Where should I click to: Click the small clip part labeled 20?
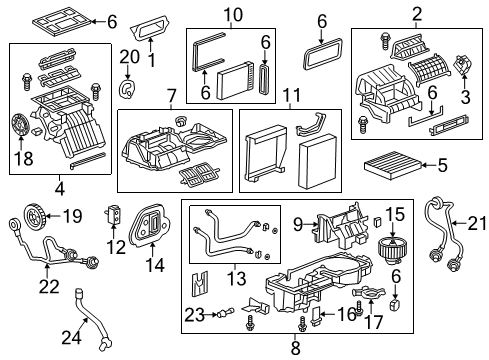(127, 92)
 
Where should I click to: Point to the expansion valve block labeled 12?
(115, 216)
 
